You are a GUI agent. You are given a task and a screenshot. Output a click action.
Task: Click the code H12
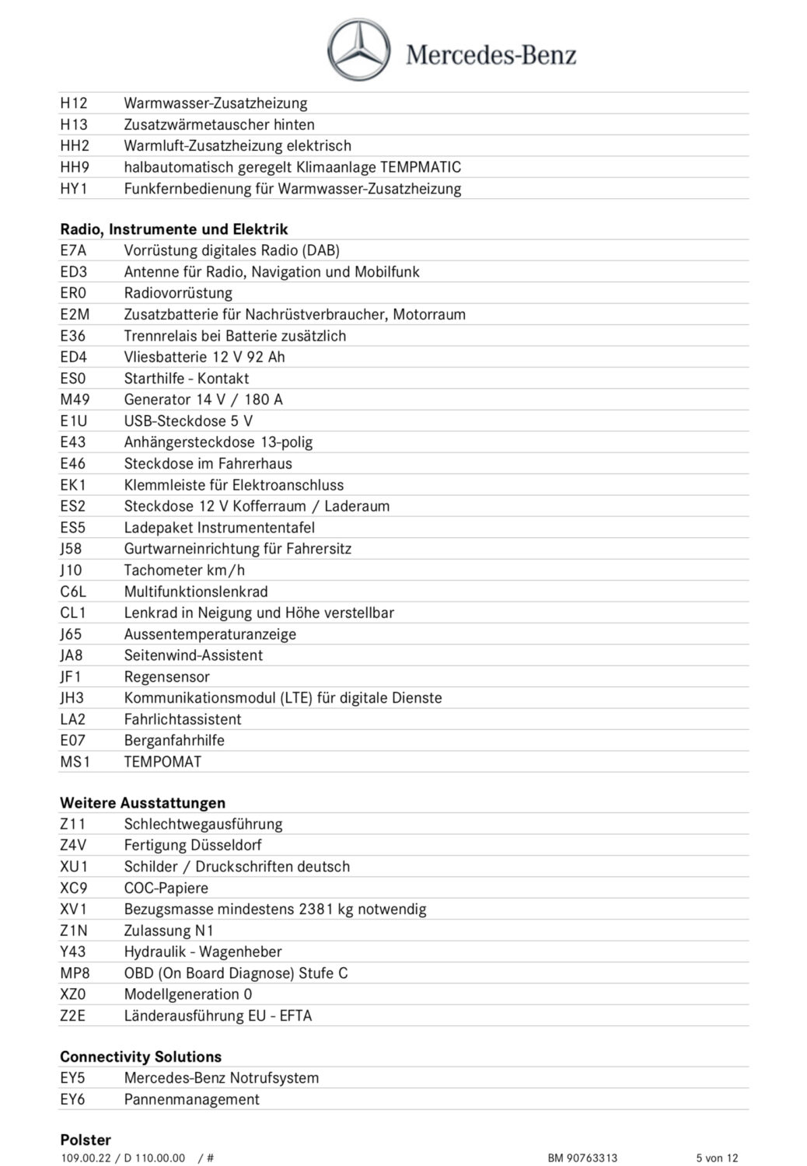74,103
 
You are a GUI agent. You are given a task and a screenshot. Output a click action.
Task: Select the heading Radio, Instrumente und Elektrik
174,229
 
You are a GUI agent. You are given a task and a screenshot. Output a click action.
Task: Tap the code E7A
73,250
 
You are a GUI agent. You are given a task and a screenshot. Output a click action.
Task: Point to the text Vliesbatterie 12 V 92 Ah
204,357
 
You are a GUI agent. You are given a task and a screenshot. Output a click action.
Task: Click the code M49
75,400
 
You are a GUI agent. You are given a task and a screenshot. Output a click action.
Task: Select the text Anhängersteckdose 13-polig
218,442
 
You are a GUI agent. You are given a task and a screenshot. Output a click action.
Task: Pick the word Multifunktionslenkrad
196,592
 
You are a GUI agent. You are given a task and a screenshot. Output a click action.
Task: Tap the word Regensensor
167,677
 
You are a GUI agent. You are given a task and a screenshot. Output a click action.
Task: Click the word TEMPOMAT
162,762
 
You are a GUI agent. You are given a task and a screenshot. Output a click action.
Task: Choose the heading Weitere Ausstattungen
143,803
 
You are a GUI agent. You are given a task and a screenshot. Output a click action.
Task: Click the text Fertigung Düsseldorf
193,845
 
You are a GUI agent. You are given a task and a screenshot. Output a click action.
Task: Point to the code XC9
74,888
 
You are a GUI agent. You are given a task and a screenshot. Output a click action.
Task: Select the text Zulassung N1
169,930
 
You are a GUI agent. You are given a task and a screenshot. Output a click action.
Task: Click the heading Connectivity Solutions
141,1057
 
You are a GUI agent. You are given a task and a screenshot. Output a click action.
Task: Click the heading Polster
86,1140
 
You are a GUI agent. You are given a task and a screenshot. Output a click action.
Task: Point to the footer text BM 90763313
582,1158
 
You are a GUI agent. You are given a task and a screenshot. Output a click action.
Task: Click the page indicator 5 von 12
717,1158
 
